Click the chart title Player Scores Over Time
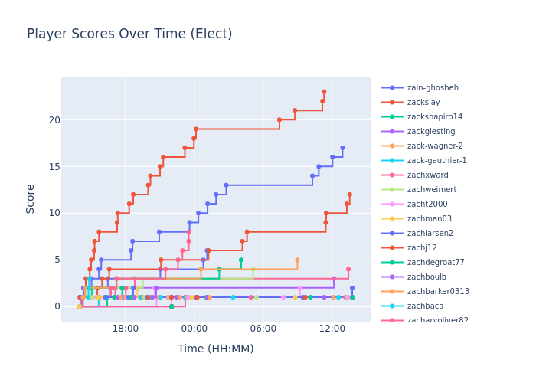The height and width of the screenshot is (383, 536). tap(129, 34)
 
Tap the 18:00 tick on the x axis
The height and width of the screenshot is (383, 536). tap(125, 329)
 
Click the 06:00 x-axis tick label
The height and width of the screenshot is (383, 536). tap(263, 329)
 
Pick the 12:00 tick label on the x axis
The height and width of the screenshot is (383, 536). tap(332, 329)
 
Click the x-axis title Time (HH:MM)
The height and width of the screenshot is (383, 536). tap(216, 349)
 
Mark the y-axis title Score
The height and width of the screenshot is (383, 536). tap(31, 198)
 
